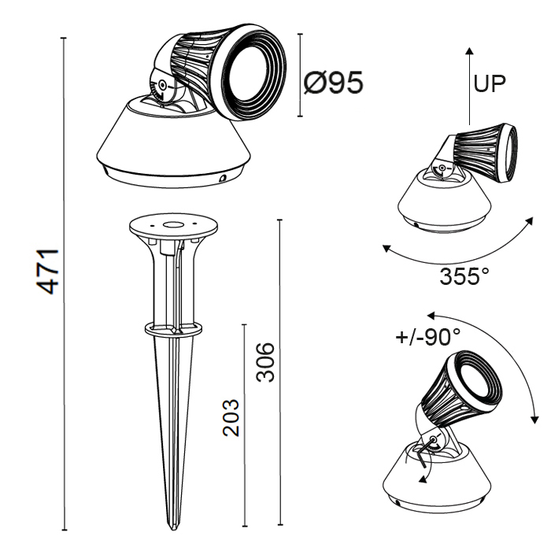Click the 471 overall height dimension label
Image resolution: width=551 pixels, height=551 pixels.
point(48,271)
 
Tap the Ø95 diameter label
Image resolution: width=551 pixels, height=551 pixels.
point(333,83)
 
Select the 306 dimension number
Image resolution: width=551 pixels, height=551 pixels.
point(264,362)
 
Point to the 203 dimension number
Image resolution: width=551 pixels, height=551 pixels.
point(231,418)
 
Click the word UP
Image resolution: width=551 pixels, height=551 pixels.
point(490,83)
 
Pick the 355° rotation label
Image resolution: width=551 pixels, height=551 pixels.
point(464,276)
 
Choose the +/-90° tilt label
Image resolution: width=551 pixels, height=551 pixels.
point(427,338)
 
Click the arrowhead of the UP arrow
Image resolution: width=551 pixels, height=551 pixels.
point(469,52)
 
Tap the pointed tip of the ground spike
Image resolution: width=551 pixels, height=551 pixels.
point(172,528)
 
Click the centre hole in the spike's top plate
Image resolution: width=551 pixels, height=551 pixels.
point(173,224)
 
